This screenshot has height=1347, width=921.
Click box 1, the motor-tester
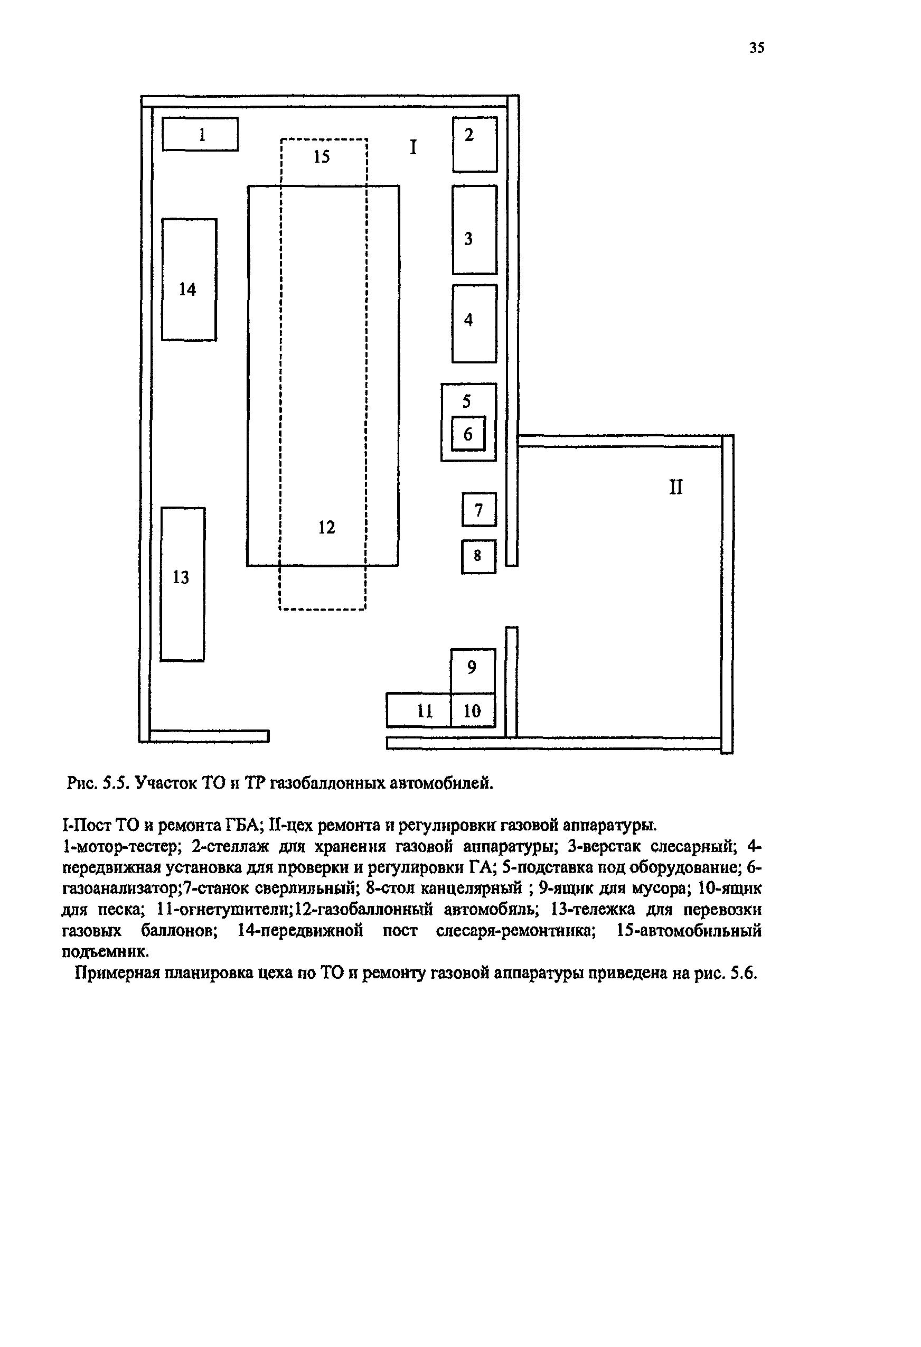[x=200, y=135]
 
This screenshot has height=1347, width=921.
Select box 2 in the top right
[x=475, y=144]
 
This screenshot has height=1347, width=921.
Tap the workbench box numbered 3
[x=475, y=230]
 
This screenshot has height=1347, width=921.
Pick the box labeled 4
[x=474, y=323]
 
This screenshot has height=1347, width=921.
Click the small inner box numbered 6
[x=468, y=434]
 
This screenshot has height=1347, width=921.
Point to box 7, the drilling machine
[x=479, y=509]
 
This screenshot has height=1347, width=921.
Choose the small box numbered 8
[x=478, y=556]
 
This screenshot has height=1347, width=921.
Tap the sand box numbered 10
[x=472, y=710]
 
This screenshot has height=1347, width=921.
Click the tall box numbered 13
[x=183, y=584]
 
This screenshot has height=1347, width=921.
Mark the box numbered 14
[x=189, y=279]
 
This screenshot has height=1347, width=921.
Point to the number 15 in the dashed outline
[x=322, y=156]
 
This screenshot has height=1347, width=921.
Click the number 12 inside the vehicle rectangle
[x=327, y=527]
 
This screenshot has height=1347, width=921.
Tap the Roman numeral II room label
[x=676, y=487]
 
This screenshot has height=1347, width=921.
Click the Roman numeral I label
[x=413, y=147]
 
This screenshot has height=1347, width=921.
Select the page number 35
[x=756, y=48]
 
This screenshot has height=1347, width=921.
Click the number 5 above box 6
[x=467, y=401]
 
